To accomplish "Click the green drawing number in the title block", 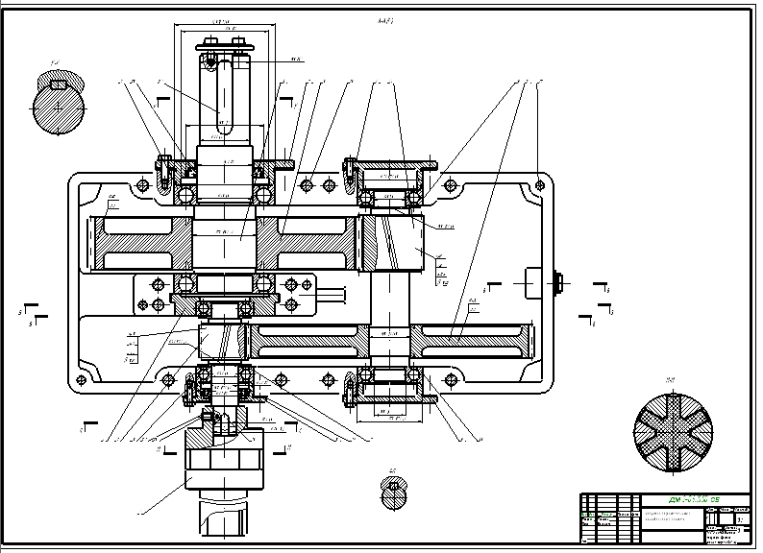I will pyautogui.click(x=694, y=500).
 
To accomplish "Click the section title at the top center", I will pyautogui.click(x=385, y=20).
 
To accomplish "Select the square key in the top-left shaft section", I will pyautogui.click(x=58, y=84).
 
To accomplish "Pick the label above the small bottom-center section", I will pyautogui.click(x=392, y=471).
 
